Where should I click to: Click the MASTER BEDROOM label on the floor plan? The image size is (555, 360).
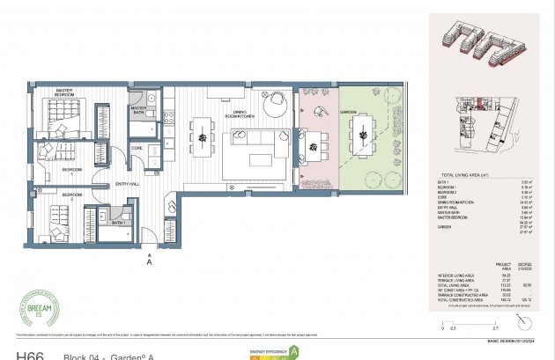click(x=63, y=92)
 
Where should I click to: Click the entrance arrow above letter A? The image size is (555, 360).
click(x=150, y=251)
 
